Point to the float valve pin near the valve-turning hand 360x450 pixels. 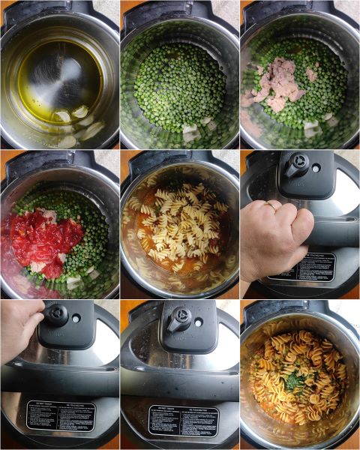tap(76, 318)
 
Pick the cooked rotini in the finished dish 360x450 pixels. tap(300, 397)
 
